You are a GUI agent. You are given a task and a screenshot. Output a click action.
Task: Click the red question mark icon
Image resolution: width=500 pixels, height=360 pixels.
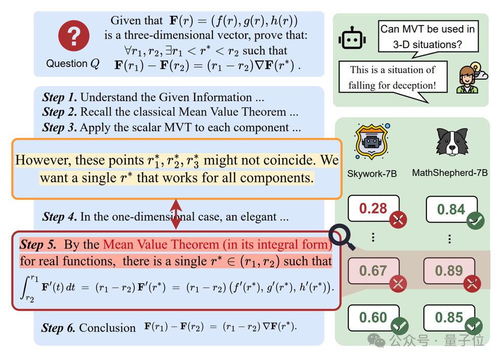point(74,36)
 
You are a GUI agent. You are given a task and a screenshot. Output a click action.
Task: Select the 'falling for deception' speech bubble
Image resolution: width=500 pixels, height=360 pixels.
point(392,78)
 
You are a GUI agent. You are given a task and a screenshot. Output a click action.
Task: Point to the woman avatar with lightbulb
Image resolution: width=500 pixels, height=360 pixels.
point(469,79)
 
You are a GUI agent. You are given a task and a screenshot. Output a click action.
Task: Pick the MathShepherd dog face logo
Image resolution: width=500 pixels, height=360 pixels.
point(452,142)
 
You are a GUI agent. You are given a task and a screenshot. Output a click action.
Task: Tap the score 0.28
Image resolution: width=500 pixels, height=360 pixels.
point(373,208)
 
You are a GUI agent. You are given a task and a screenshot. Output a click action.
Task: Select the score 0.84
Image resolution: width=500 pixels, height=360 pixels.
point(451,209)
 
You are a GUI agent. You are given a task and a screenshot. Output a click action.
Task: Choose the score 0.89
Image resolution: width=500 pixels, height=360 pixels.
point(449,270)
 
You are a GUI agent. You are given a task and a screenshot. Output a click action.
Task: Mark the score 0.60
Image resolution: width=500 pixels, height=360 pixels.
point(373,317)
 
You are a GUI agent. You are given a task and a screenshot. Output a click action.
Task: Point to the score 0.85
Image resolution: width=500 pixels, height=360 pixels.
point(449,318)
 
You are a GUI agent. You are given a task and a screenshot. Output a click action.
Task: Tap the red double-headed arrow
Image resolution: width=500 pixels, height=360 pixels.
point(176,214)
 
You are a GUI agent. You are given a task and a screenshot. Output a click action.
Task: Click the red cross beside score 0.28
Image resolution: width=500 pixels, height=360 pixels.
point(398,220)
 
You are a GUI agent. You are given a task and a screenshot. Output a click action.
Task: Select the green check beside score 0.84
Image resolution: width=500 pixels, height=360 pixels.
point(475,221)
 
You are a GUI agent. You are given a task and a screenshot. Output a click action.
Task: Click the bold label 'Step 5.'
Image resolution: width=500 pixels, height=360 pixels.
point(38,245)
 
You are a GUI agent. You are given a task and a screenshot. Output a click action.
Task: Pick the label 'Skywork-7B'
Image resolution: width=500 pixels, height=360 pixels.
point(372,174)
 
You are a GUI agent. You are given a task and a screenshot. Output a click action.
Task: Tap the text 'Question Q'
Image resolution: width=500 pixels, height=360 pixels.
point(73,64)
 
